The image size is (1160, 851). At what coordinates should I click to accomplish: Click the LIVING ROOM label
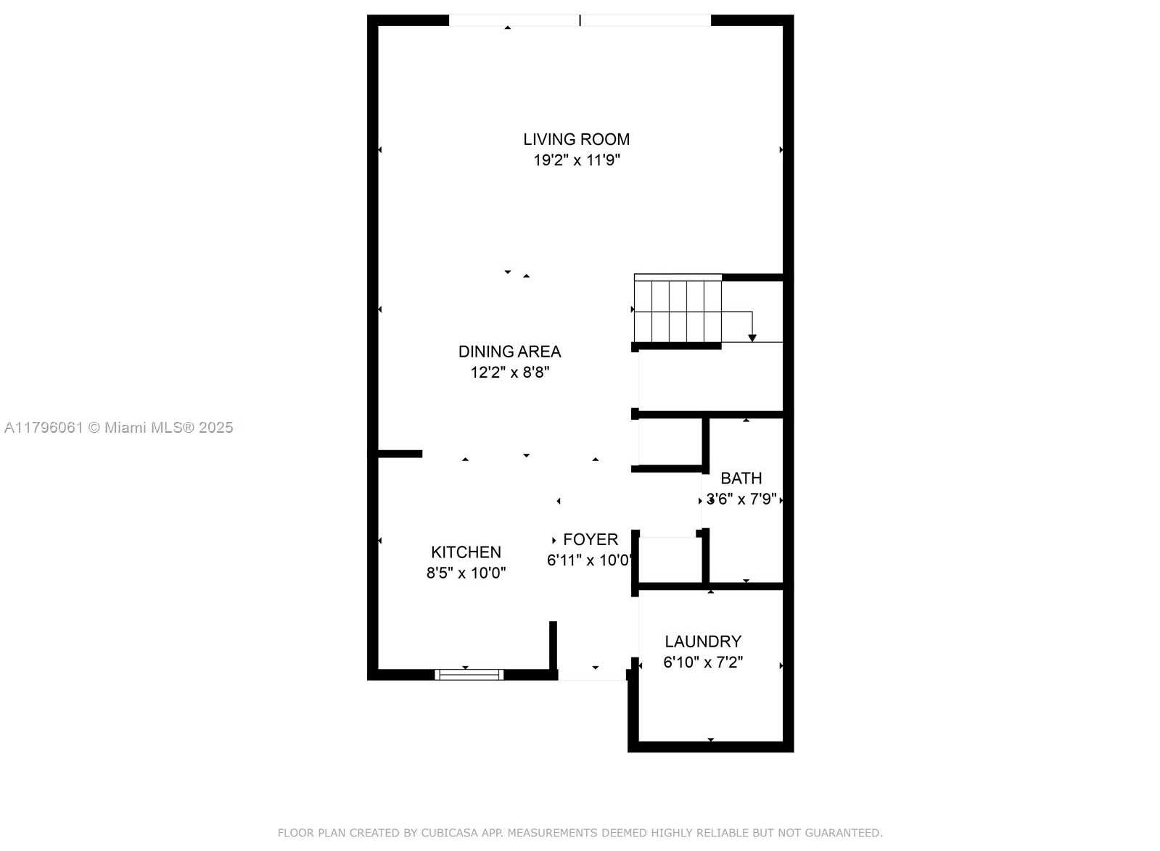577,139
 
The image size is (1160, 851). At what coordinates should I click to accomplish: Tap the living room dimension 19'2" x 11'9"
577,160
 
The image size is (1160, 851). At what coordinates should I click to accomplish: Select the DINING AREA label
509,352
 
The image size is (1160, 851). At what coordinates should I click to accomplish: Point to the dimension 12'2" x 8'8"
509,373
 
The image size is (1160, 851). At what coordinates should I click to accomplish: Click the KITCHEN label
466,552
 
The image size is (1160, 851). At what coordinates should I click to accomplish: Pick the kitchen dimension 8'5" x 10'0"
466,573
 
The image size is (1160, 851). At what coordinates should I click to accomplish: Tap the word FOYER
591,539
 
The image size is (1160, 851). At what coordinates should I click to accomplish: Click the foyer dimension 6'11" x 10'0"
590,560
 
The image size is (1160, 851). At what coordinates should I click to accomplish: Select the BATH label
741,478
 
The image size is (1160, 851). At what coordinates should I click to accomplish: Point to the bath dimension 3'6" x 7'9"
741,499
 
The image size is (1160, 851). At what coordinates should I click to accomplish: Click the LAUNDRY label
703,642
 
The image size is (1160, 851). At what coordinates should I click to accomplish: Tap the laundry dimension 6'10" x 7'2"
703,663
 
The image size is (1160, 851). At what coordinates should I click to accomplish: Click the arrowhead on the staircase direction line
752,339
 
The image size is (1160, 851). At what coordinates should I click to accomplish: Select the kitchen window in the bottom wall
469,675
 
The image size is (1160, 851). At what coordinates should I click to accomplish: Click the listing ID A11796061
44,428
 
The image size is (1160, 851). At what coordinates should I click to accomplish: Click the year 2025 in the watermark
216,428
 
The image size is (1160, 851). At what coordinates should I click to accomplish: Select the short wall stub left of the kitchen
400,454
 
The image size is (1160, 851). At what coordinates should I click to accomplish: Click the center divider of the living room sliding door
580,20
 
